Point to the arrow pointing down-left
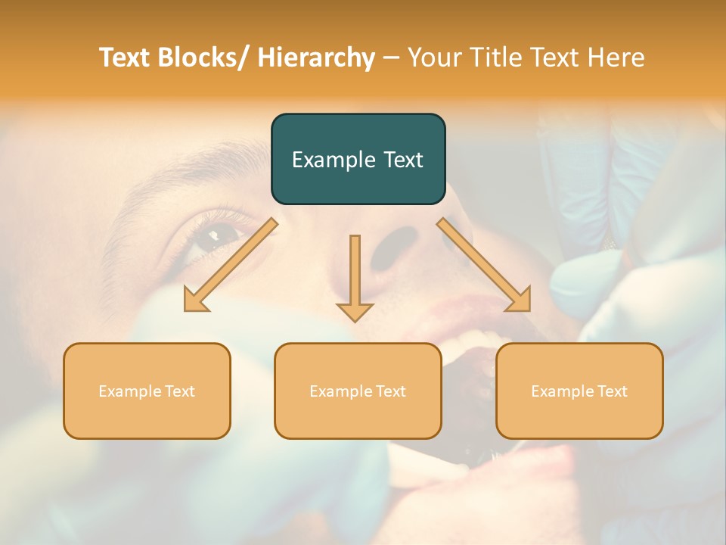(231, 265)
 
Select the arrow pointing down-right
(484, 265)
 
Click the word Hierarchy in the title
(316, 58)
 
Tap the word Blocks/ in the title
(204, 58)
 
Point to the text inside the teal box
(358, 160)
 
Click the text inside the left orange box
(147, 391)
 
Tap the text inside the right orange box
(579, 391)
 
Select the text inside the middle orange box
(358, 391)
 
